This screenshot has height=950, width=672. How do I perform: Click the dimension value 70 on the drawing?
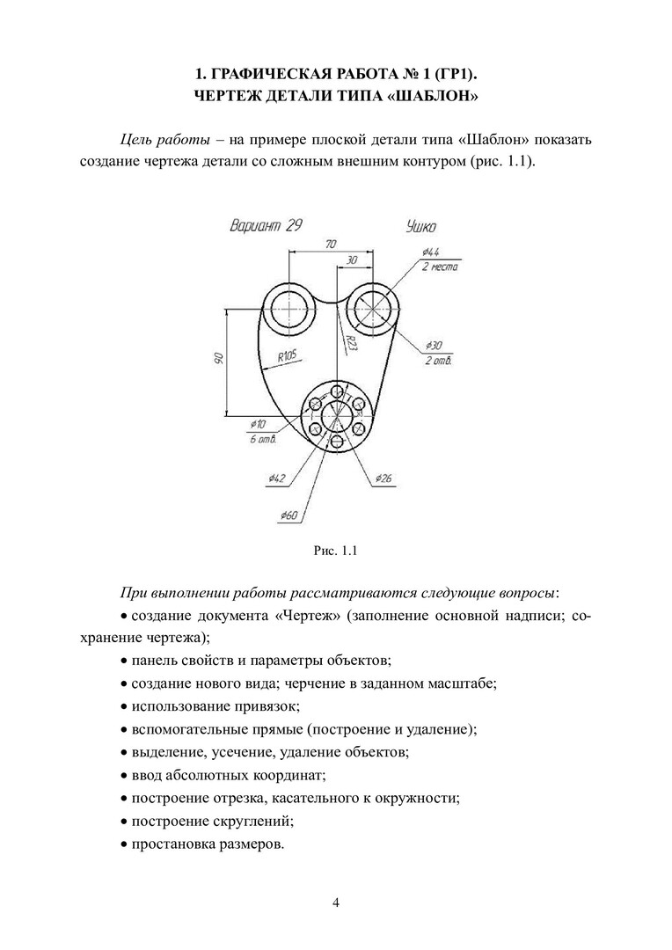[330, 244]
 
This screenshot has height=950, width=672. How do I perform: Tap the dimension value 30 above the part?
[352, 260]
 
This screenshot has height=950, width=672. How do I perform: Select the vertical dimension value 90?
[218, 359]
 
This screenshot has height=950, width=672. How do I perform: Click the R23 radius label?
[349, 341]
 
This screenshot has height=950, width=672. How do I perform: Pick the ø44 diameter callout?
[431, 252]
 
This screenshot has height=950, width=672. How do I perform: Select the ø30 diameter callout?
[434, 345]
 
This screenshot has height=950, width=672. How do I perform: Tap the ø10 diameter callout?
[258, 423]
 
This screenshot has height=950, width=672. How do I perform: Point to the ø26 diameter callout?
[383, 479]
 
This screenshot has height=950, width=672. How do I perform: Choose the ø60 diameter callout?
[289, 515]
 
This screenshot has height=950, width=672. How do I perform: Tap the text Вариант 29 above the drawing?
[266, 225]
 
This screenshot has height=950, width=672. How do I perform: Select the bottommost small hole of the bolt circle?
[337, 441]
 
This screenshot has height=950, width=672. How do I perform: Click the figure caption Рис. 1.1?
[335, 552]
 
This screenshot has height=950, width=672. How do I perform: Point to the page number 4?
[336, 902]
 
